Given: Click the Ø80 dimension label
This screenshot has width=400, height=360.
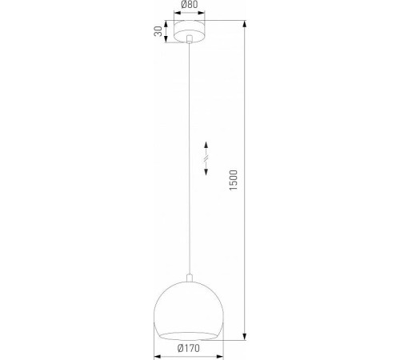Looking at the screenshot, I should (190, 6).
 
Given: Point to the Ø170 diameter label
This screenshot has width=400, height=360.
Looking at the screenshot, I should (189, 348).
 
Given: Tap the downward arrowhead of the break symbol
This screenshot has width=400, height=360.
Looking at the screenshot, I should (206, 175).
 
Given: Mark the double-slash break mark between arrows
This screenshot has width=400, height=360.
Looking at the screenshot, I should (206, 161).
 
